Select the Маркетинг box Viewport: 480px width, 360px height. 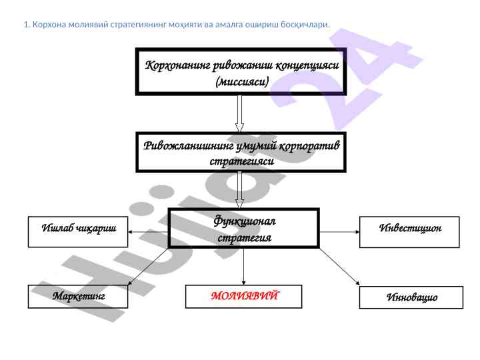[x=79, y=296]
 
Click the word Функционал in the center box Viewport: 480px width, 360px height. [x=244, y=220]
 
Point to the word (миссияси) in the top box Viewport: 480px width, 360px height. [x=242, y=83]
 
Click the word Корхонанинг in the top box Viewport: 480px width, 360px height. [x=173, y=66]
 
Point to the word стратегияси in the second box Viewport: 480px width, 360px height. [x=242, y=161]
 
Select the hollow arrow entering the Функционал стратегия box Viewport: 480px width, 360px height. [x=240, y=192]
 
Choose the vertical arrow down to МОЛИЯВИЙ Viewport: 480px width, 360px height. [x=243, y=267]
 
